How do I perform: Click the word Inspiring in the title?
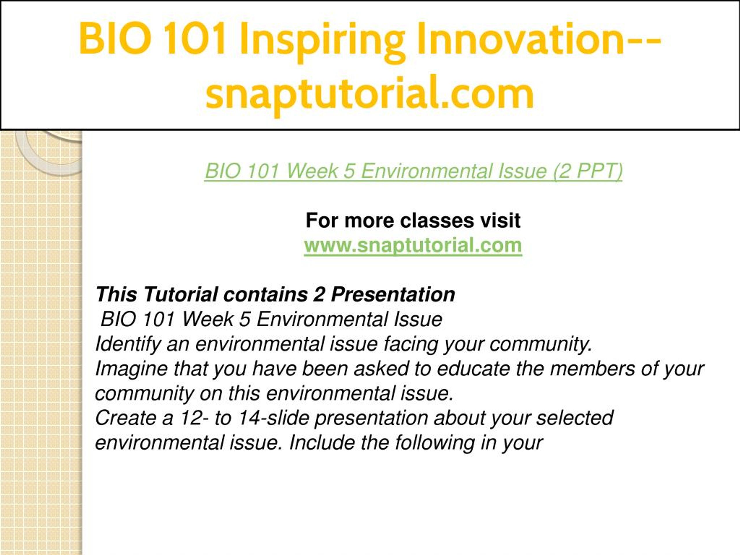[323, 41]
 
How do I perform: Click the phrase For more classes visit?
[413, 221]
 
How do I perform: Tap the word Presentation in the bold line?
[393, 294]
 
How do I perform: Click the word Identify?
[128, 344]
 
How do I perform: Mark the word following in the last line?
[434, 443]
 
